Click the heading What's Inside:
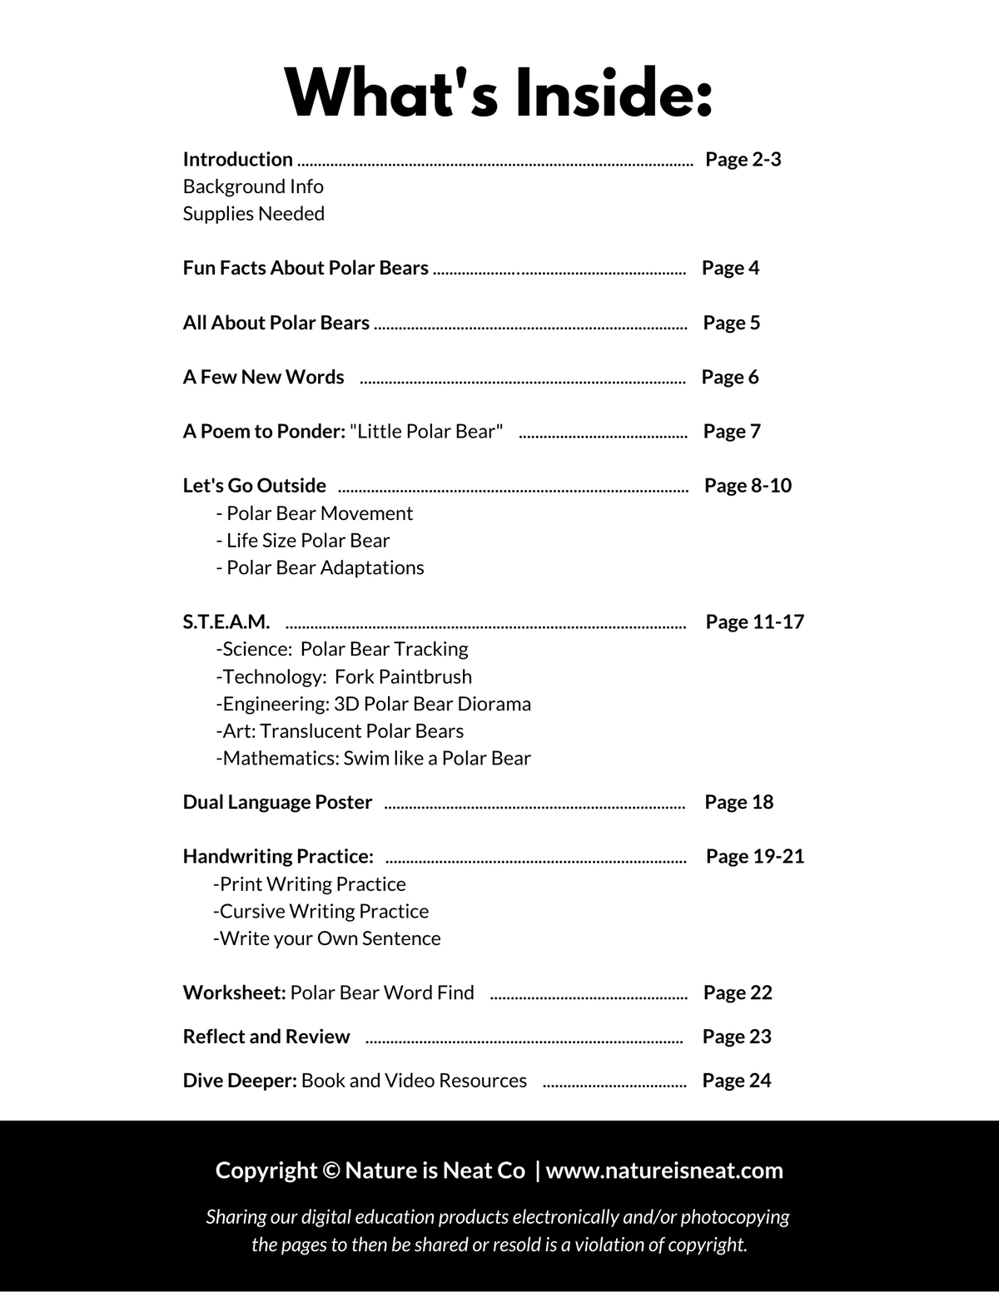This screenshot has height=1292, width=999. click(x=499, y=93)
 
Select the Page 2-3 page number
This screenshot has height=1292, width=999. click(x=743, y=159)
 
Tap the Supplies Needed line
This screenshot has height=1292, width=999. click(x=254, y=214)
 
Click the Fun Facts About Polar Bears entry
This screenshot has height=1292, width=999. click(x=306, y=268)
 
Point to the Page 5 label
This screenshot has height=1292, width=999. click(x=731, y=323)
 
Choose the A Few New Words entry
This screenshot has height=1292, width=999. click(x=263, y=377)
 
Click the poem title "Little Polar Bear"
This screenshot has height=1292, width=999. click(x=426, y=431)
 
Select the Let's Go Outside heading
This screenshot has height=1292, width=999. click(x=255, y=486)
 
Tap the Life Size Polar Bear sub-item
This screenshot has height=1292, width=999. click(x=303, y=541)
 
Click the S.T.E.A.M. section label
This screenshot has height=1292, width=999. click(x=226, y=622)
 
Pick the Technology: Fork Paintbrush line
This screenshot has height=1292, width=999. click(x=344, y=676)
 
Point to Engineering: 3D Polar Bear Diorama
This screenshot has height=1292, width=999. click(x=374, y=704)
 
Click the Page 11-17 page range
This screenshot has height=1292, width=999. click(x=754, y=622)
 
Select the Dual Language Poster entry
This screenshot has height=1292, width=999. click(x=277, y=802)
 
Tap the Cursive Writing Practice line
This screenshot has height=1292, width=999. click(x=321, y=911)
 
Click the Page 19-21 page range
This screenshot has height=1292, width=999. click(x=754, y=856)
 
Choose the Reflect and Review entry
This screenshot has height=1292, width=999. click(x=266, y=1037)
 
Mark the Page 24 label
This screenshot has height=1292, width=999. click(x=736, y=1081)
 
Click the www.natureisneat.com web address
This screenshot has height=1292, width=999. click(x=664, y=1171)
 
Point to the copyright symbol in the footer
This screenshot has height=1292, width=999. click(x=331, y=1171)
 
